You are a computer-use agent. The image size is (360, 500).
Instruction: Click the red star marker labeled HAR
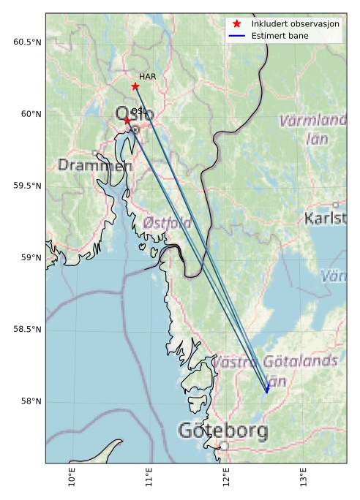pyautogui.click(x=135, y=86)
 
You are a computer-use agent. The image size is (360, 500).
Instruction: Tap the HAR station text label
pyautogui.click(x=147, y=76)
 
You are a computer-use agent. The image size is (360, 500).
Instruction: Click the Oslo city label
pyautogui.click(x=135, y=115)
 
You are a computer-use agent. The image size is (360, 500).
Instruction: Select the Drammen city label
pyautogui.click(x=95, y=166)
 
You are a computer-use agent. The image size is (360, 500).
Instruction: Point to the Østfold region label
pyautogui.click(x=168, y=222)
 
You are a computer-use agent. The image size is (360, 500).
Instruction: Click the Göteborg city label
pyautogui.click(x=222, y=431)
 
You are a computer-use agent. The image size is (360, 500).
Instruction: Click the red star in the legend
pyautogui.click(x=236, y=24)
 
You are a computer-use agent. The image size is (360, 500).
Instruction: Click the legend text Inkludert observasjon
pyautogui.click(x=295, y=24)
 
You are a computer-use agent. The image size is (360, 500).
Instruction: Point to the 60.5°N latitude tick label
pyautogui.click(x=28, y=42)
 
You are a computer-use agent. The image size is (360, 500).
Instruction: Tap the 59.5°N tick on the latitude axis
pyautogui.click(x=28, y=186)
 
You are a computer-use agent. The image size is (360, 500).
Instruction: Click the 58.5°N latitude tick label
pyautogui.click(x=28, y=330)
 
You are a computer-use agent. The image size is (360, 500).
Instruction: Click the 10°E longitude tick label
pyautogui.click(x=72, y=476)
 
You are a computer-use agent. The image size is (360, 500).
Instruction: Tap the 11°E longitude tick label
pyautogui.click(x=149, y=476)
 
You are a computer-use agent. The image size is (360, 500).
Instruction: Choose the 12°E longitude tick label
pyautogui.click(x=226, y=476)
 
